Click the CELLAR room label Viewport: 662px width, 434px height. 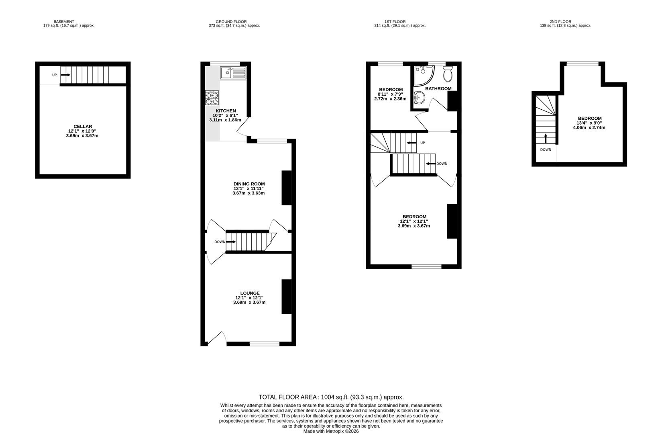[83, 127]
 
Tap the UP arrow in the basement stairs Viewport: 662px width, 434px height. [65, 75]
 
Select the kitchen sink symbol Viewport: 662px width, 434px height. [233, 73]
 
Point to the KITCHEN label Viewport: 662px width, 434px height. [226, 111]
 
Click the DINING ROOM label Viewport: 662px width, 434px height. [249, 184]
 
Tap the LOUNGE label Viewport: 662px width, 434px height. [250, 293]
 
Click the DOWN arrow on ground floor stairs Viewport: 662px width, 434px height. [231, 242]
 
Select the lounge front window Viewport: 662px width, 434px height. [265, 344]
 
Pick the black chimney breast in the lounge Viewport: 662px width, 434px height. [286, 297]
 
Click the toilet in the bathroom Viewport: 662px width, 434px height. [448, 74]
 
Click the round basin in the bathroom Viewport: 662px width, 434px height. [420, 97]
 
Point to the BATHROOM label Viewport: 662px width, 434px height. [438, 88]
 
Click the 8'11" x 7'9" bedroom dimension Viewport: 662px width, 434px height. [391, 94]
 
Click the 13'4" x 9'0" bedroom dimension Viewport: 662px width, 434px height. [589, 123]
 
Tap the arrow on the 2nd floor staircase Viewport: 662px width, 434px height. [545, 138]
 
